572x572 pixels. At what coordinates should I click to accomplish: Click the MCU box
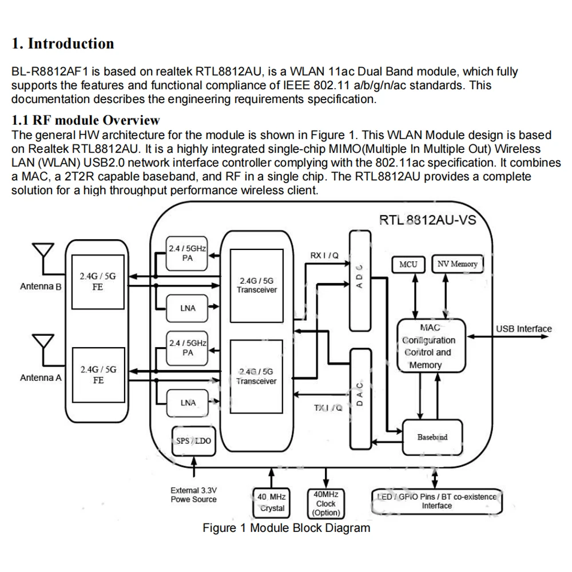[408, 264]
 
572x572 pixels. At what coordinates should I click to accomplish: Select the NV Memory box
[458, 264]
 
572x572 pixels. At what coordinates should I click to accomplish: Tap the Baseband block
[432, 437]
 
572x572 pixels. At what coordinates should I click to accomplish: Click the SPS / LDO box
[194, 440]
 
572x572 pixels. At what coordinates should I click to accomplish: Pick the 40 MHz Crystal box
[271, 503]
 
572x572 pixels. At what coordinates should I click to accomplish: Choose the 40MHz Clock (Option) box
[326, 503]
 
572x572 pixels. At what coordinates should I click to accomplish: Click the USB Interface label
[524, 329]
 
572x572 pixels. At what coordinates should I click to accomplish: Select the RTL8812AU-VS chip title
[427, 220]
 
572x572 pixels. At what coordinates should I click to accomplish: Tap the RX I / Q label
[324, 255]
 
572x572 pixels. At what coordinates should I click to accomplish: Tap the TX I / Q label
[328, 407]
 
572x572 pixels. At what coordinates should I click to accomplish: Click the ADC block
[360, 281]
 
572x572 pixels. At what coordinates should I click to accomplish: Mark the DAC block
[360, 399]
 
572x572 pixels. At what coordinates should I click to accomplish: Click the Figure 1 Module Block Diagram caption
[287, 528]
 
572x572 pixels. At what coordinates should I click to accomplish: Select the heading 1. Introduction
[63, 43]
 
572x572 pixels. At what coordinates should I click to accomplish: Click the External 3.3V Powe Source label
[194, 495]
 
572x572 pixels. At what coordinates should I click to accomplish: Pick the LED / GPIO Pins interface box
[436, 502]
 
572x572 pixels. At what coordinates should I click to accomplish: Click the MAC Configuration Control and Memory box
[431, 346]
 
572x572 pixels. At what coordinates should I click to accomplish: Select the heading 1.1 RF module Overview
[86, 120]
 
